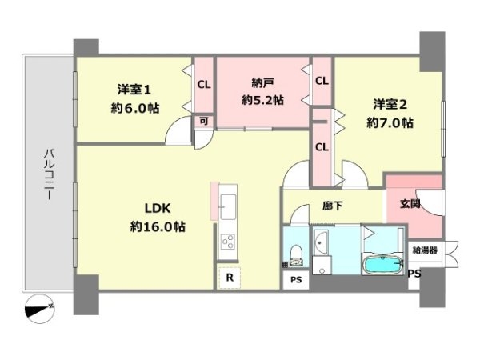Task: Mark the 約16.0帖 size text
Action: click(x=158, y=226)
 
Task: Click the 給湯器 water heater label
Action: click(x=425, y=250)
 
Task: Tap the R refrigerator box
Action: click(x=230, y=278)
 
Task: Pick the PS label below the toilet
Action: click(x=295, y=279)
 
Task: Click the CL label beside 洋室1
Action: click(x=204, y=83)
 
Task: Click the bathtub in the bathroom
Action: click(x=383, y=263)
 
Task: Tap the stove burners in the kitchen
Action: click(x=226, y=242)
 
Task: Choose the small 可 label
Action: click(x=204, y=121)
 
